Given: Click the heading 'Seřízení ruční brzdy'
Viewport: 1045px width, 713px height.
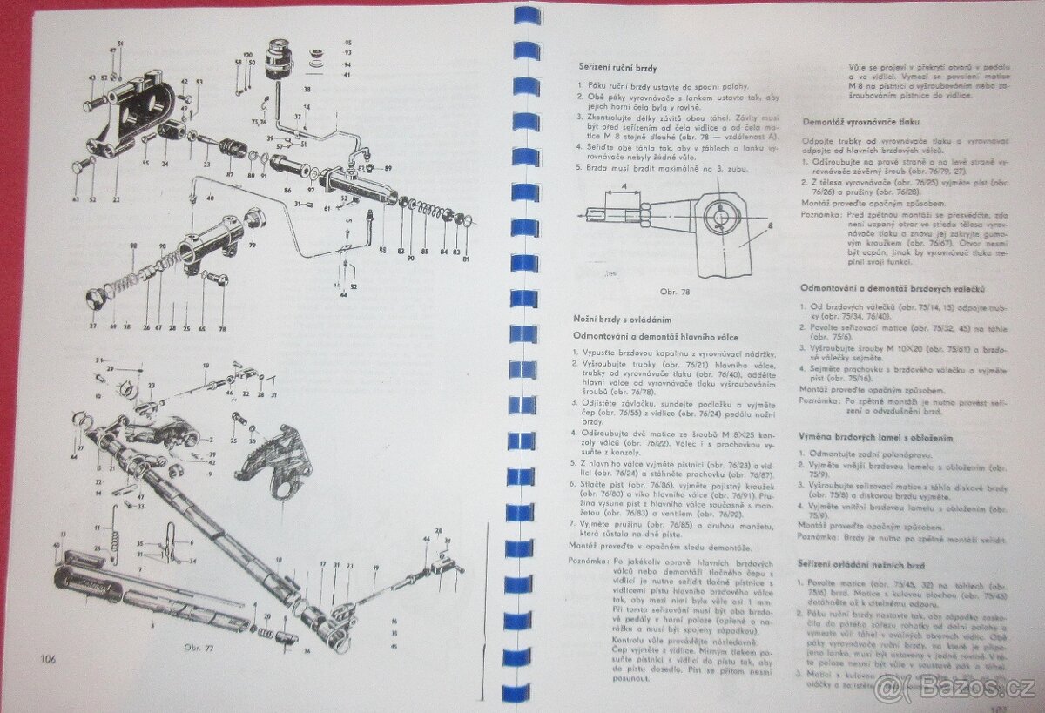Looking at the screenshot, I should pos(617,67).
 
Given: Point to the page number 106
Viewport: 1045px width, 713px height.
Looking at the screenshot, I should pos(47,659).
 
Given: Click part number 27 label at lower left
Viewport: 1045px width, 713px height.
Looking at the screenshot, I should pos(93,326).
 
